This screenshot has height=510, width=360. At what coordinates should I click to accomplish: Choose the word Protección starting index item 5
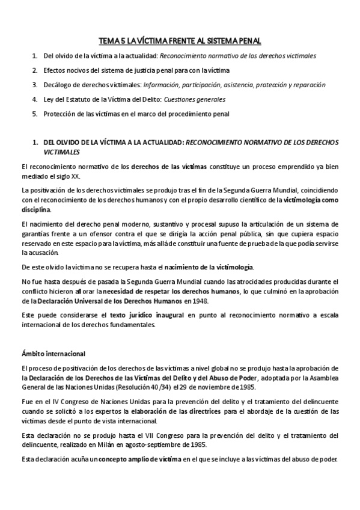60,114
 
